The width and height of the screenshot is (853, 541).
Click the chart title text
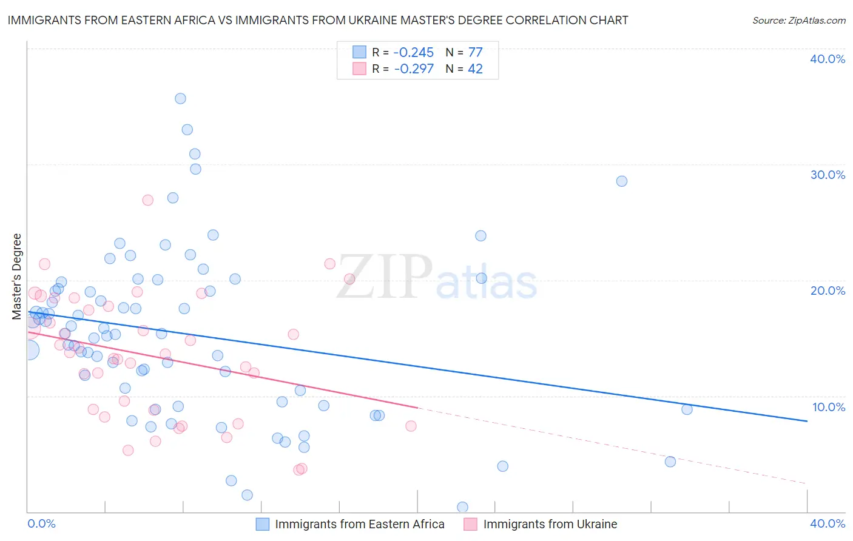click(318, 21)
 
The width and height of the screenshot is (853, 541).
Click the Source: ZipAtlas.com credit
click(798, 21)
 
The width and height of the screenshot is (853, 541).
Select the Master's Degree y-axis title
click(17, 277)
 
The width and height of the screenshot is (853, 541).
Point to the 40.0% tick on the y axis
click(828, 59)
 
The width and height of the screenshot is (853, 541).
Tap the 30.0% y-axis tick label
click(828, 175)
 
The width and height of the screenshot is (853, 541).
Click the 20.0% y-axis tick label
click(828, 291)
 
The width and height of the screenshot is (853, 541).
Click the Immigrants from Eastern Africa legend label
click(359, 525)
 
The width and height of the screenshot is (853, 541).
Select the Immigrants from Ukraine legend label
click(550, 525)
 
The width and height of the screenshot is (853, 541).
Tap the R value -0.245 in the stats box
click(414, 53)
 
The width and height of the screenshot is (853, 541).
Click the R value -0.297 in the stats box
click(414, 69)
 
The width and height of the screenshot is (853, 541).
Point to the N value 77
click(475, 53)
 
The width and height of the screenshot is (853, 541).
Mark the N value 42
click(475, 69)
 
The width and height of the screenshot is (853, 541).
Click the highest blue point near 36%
click(180, 99)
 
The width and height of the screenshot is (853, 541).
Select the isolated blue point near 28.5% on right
click(621, 181)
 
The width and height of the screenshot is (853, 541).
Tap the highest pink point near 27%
click(147, 200)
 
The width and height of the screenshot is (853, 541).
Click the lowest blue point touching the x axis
click(462, 507)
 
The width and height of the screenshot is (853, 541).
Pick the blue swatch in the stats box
click(360, 52)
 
